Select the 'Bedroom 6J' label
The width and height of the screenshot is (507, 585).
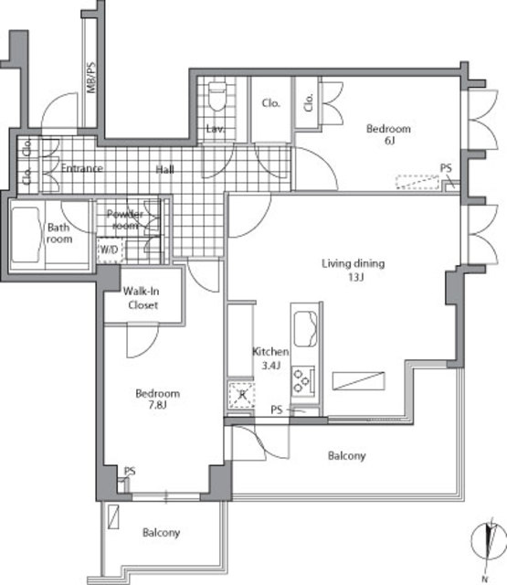(x=388, y=136)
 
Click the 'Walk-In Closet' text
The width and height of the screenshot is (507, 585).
(x=142, y=298)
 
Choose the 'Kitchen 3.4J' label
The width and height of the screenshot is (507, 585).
(x=271, y=358)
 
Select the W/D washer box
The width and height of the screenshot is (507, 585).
(x=109, y=249)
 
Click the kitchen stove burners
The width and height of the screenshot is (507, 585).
(x=305, y=377)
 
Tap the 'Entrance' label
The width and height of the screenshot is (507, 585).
(x=81, y=169)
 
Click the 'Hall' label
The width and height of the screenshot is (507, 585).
(x=165, y=169)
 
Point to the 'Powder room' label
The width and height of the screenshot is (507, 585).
(x=126, y=220)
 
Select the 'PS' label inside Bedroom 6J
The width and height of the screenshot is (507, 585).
(x=446, y=168)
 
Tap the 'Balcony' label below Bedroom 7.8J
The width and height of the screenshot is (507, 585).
(x=161, y=533)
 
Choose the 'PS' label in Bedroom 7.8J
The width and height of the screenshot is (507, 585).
(x=131, y=472)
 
